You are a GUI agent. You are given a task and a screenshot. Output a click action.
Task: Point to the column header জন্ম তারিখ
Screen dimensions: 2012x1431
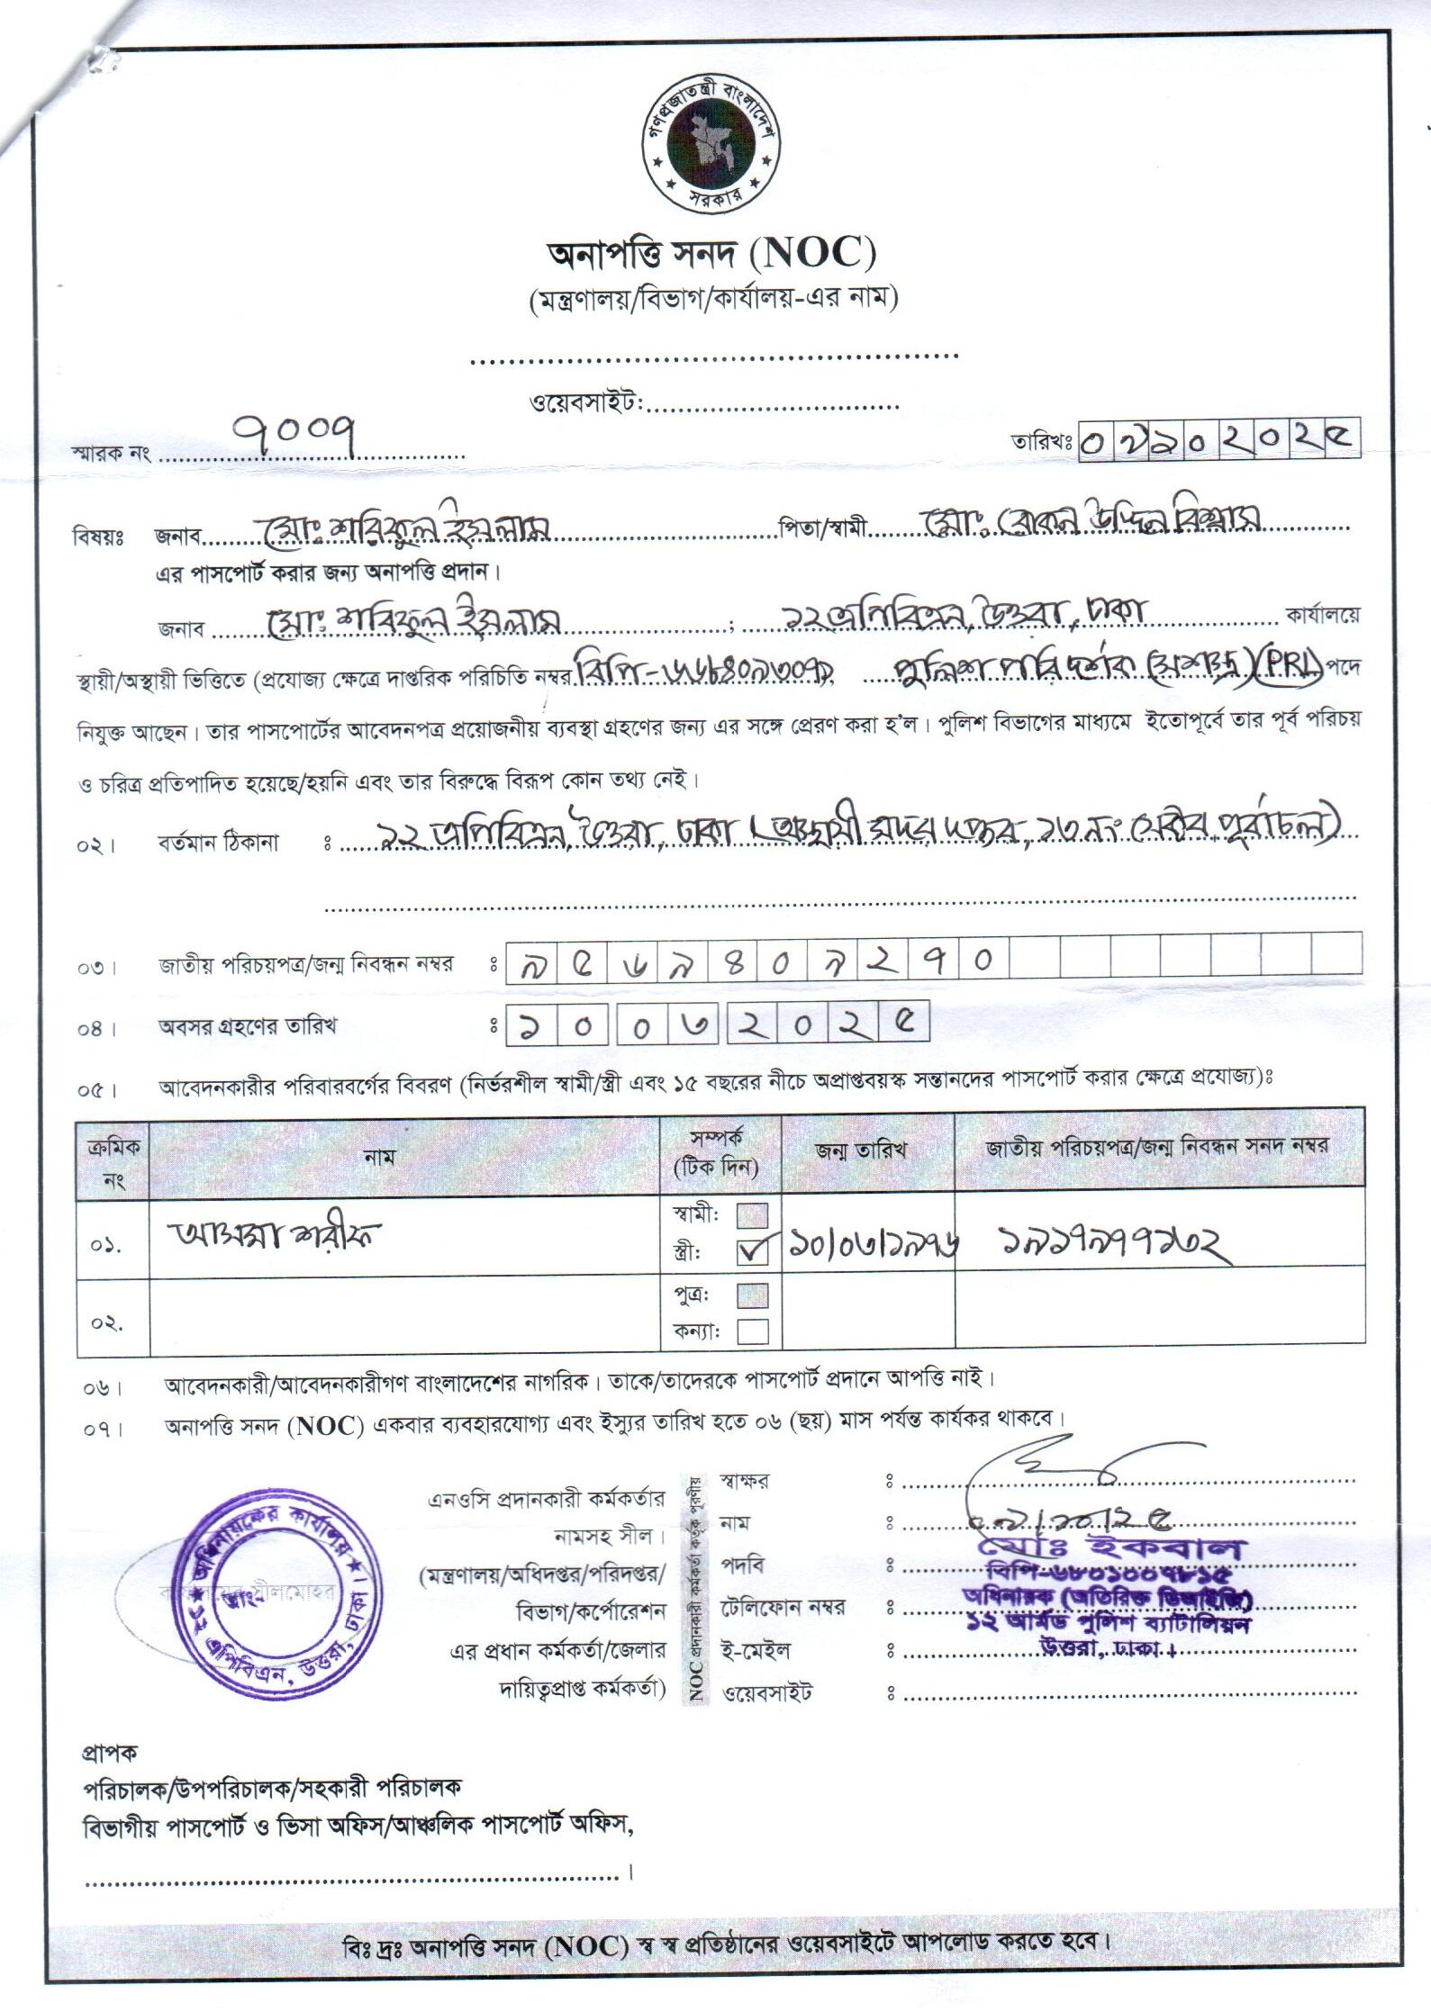(861, 1149)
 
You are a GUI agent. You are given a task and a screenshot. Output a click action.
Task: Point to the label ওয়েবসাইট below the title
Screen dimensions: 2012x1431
(584, 401)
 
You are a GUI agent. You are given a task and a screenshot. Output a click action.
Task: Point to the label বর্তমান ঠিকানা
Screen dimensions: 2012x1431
(219, 843)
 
